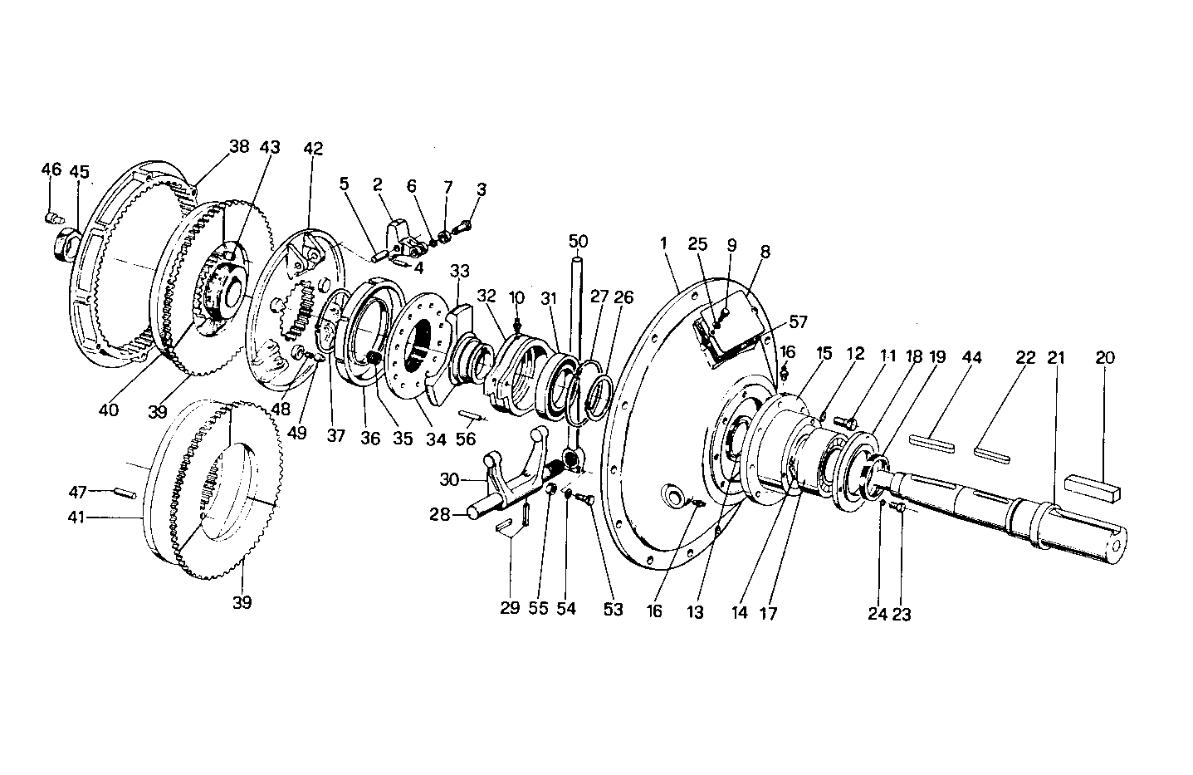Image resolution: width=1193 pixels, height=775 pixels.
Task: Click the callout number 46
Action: [51, 170]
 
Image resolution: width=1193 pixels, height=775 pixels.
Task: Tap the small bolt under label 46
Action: [52, 218]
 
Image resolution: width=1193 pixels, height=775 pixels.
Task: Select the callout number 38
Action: [239, 147]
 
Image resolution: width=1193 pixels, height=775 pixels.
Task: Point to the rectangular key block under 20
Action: [1092, 488]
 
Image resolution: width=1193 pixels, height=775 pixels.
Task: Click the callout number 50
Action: [579, 242]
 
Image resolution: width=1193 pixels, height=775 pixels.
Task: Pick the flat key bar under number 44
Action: [931, 442]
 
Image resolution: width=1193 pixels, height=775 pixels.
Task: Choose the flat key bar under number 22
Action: [991, 453]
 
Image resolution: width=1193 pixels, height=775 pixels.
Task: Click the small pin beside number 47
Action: [125, 493]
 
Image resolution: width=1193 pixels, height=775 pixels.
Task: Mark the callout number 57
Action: [798, 321]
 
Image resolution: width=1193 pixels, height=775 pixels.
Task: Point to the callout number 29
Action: [510, 607]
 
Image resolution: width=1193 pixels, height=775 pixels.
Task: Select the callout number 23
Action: [902, 614]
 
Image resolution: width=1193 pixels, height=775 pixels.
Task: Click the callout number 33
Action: [460, 271]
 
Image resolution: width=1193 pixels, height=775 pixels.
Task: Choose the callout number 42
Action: [313, 150]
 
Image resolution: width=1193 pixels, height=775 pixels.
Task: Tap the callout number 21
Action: [1056, 358]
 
